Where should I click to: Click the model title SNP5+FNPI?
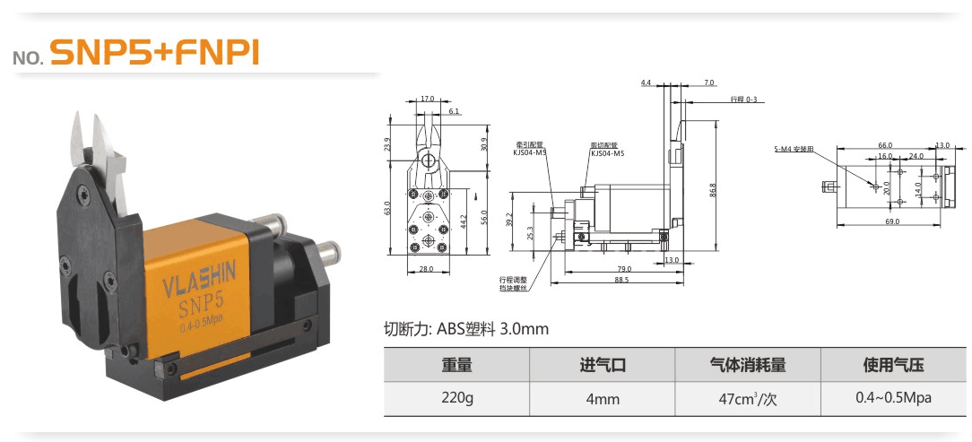(x=154, y=53)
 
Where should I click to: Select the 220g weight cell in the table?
(x=456, y=398)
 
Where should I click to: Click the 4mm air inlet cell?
(x=602, y=399)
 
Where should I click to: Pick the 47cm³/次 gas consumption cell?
(x=748, y=398)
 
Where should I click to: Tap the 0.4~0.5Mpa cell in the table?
(x=893, y=398)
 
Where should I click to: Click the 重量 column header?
(x=456, y=365)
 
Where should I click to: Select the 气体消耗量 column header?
(x=748, y=365)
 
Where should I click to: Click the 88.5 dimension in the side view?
(x=621, y=280)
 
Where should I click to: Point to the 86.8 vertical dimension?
(x=713, y=190)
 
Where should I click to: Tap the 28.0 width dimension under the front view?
(x=425, y=268)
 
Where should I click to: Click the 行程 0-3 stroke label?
(x=743, y=99)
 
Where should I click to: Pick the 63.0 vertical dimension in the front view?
(x=388, y=208)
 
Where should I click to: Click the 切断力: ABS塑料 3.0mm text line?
(x=465, y=329)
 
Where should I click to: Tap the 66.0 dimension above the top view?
(x=884, y=144)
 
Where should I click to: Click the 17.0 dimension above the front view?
(x=427, y=99)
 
